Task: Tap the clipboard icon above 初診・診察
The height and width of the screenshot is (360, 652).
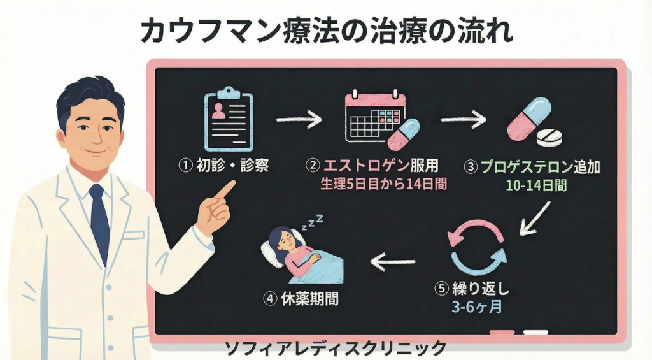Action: [x=228, y=120]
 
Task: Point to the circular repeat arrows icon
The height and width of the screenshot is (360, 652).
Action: [x=478, y=247]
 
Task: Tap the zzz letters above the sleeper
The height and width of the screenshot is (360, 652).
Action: [x=313, y=222]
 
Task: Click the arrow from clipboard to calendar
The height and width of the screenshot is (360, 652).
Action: [x=299, y=119]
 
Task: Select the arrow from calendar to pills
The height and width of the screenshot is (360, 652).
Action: [x=463, y=119]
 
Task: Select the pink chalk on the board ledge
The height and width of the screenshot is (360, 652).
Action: [x=502, y=333]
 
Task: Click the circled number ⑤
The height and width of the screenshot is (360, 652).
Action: [x=441, y=289]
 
